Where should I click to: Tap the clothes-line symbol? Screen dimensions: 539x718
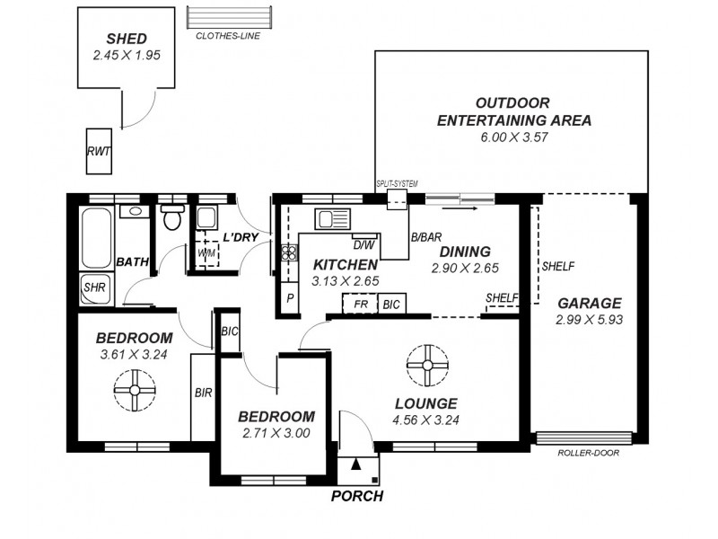229,18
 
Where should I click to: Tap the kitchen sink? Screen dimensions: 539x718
333,217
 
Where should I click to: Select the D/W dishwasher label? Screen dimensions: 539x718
363,244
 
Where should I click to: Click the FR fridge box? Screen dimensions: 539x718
360,305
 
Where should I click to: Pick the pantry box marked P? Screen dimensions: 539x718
289,298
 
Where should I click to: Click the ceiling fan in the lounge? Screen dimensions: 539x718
426,365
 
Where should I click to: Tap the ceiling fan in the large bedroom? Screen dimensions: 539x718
135,391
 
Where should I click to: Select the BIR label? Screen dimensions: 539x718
204,392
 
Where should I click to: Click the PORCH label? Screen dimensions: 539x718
357,496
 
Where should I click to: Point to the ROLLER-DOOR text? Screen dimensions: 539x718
588,453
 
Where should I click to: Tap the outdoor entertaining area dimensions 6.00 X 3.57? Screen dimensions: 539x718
512,137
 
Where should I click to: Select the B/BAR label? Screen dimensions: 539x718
425,238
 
